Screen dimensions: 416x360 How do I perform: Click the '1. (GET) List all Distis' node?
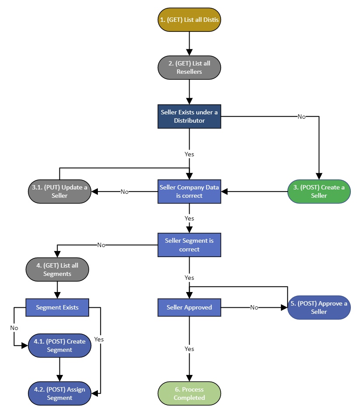pos(189,20)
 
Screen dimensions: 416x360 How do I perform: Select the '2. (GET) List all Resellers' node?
pos(189,68)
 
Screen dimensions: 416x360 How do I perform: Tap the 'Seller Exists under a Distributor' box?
pos(189,116)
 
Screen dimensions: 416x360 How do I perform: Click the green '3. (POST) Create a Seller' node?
pos(319,192)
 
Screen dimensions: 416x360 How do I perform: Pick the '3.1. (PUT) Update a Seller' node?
pos(59,192)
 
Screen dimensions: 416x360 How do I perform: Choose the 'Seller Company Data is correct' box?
pos(189,192)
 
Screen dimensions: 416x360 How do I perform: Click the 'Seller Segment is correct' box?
pos(189,245)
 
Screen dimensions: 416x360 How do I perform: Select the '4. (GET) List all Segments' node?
pos(57,269)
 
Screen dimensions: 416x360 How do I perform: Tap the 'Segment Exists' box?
pos(57,307)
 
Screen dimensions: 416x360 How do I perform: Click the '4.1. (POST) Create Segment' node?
pos(59,346)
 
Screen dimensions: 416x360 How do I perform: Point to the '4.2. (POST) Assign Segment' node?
pos(59,394)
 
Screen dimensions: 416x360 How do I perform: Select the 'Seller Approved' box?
pos(189,307)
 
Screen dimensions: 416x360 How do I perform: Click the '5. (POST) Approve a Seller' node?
pos(319,307)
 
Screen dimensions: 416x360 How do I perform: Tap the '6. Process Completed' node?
pos(189,394)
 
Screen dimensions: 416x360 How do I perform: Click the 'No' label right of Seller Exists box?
pos(301,117)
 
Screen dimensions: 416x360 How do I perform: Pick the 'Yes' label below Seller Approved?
pos(189,349)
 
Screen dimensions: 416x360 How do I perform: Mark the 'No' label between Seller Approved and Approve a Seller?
pos(254,308)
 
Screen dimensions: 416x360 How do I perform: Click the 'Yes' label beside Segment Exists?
pos(99,339)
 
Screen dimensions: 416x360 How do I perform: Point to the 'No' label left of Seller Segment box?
pos(101,245)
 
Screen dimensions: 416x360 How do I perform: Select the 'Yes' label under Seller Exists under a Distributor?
pos(189,154)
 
